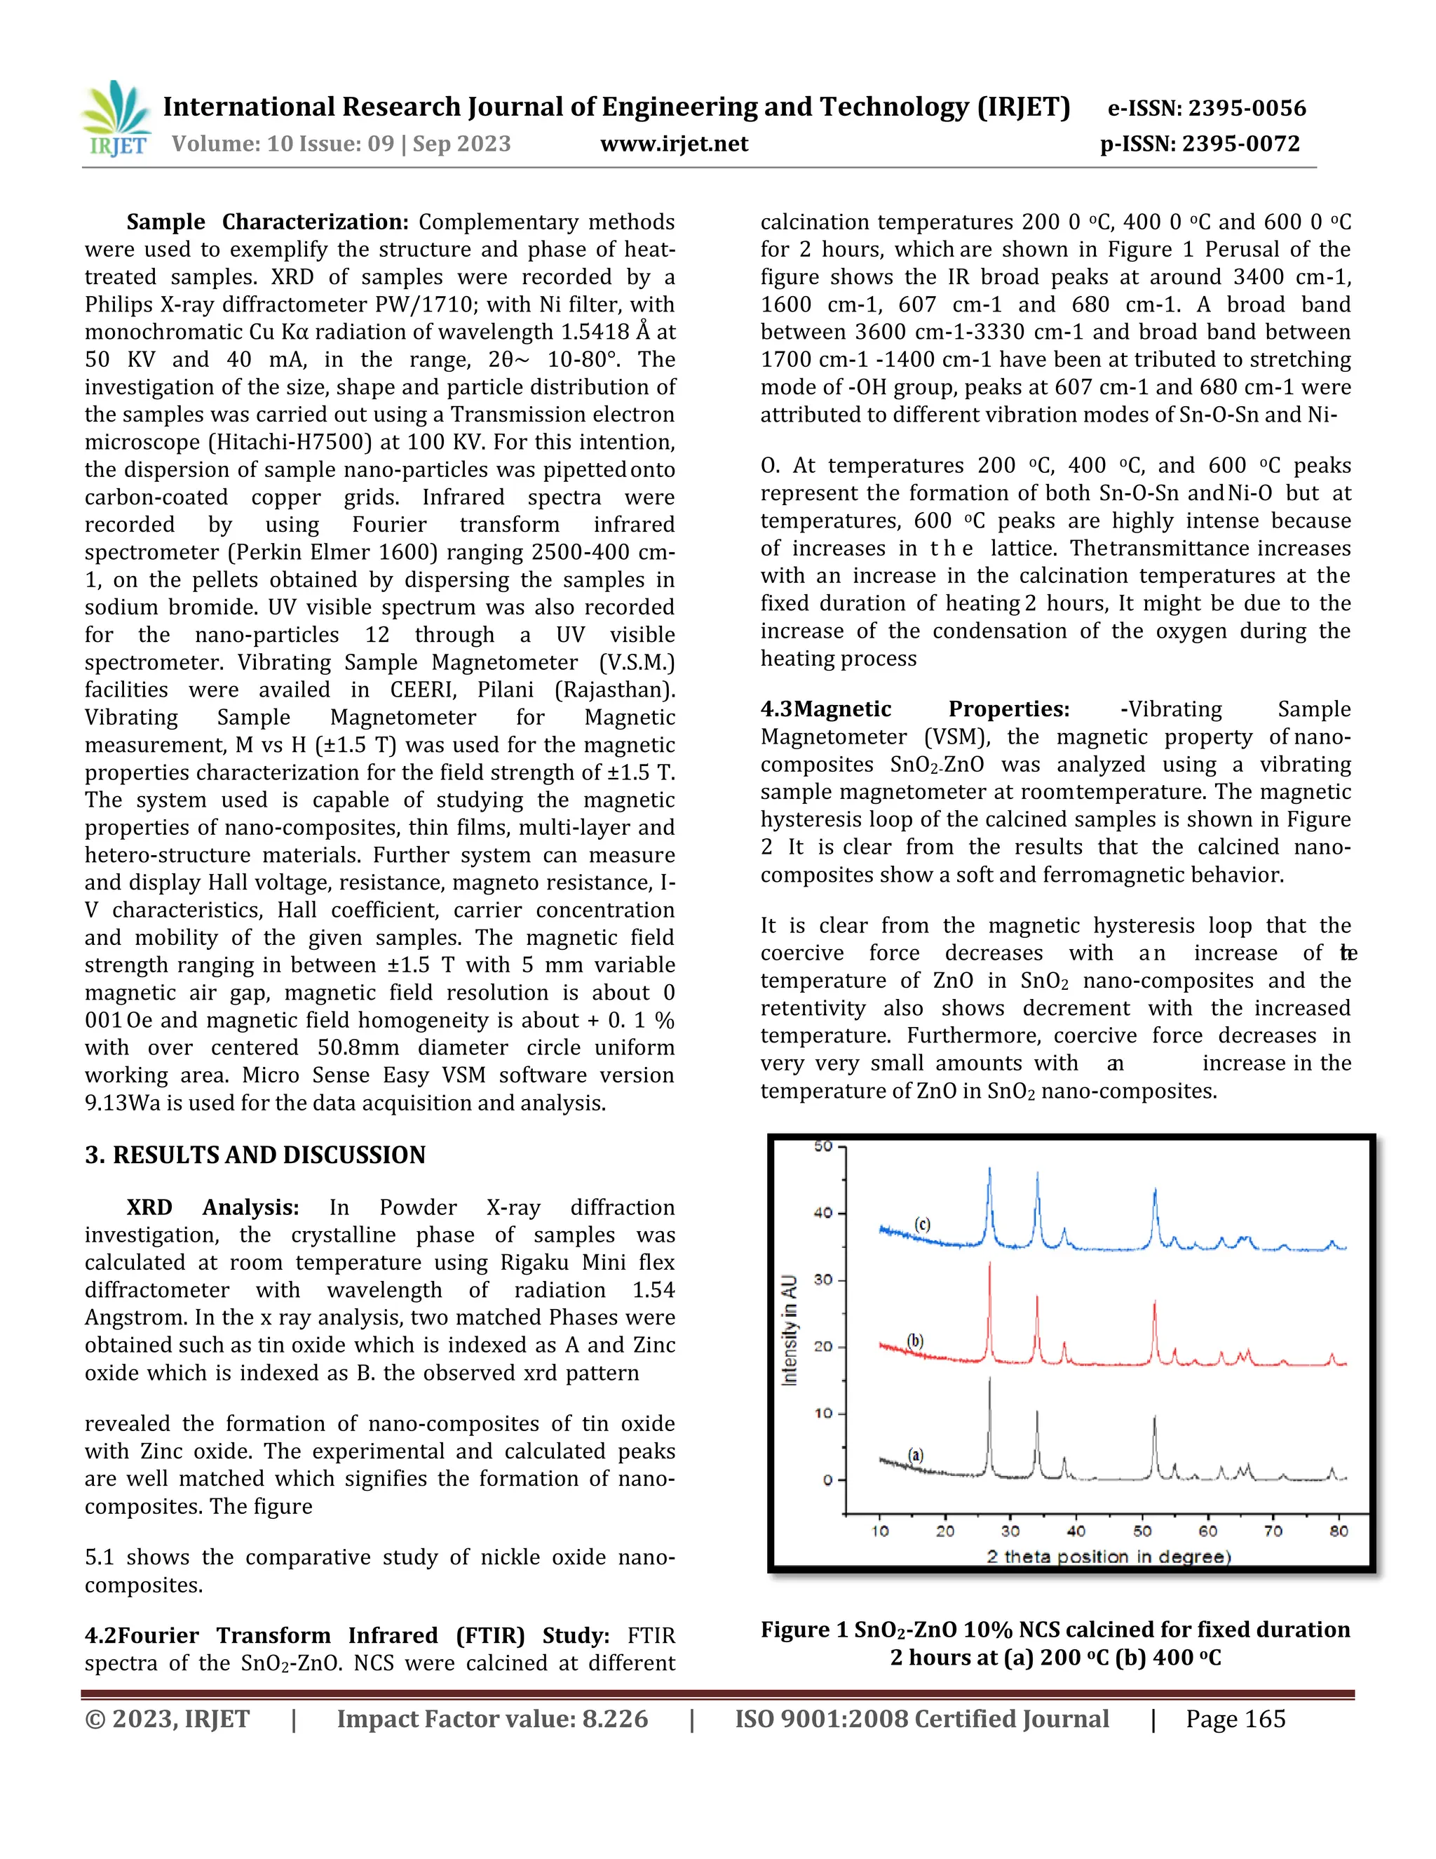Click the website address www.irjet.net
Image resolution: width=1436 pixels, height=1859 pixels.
click(674, 144)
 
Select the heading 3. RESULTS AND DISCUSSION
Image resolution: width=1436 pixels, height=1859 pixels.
click(255, 1155)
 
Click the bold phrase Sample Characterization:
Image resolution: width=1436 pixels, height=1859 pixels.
click(267, 222)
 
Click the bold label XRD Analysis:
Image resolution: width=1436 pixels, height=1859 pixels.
click(212, 1207)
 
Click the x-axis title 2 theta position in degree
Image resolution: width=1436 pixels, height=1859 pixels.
click(1109, 1557)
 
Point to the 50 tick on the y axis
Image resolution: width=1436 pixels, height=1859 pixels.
click(822, 1146)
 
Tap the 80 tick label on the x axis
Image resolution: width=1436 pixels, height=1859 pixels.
click(1338, 1531)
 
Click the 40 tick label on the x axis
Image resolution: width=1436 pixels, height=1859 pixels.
click(1076, 1531)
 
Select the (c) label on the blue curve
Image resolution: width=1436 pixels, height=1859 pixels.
click(922, 1224)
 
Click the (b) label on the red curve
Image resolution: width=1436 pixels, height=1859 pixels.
click(914, 1341)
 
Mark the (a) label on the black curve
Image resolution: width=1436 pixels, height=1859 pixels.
click(915, 1455)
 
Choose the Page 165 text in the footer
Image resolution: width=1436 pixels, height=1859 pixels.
click(1235, 1719)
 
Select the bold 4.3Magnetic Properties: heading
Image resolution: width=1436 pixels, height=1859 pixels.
click(914, 709)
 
